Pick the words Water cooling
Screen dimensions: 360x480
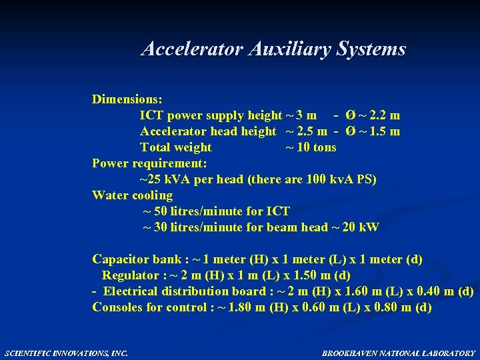132,195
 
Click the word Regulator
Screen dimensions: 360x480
130,275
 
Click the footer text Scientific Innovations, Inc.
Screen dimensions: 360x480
66,353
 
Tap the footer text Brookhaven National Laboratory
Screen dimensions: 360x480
399,353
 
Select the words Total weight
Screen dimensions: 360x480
175,147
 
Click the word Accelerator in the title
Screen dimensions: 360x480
193,49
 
